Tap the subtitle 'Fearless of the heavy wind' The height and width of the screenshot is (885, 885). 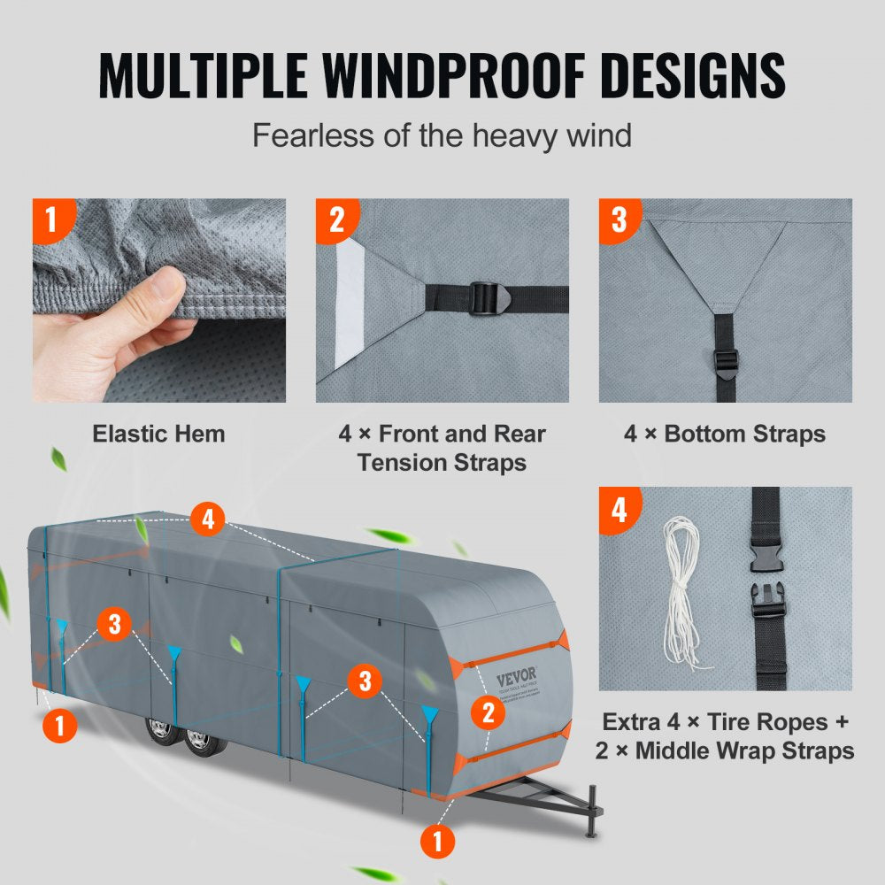442,136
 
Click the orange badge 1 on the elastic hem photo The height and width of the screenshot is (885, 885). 50,219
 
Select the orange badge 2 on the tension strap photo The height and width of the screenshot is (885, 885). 336,219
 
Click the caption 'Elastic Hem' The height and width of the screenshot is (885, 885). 159,434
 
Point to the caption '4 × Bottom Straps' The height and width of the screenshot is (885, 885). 725,434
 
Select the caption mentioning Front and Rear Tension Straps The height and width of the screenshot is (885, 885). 442,448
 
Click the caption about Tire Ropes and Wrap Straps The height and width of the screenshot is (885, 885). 725,736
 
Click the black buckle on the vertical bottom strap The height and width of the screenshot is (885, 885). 726,364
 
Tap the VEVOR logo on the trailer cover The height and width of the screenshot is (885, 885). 515,679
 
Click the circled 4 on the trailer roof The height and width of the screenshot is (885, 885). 208,519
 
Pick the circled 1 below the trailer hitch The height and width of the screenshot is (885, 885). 439,840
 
